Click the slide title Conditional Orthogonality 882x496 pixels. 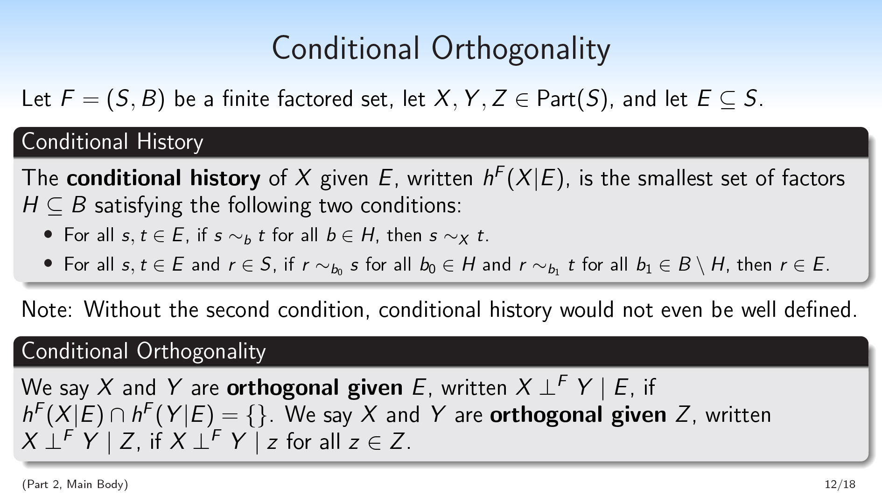point(441,49)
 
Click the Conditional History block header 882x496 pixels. point(112,141)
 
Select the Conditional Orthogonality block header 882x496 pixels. point(144,351)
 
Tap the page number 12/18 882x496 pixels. point(840,484)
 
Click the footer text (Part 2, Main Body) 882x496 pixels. point(75,484)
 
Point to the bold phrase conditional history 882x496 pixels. point(163,178)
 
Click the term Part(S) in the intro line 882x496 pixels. point(573,99)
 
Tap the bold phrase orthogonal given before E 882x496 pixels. point(315,388)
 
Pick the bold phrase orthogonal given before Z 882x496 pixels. point(578,415)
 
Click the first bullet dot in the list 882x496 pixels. point(48,234)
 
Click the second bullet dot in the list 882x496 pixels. point(48,264)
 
